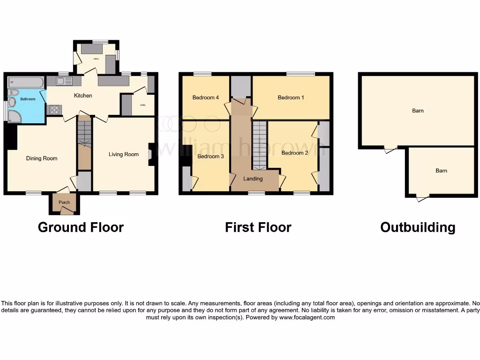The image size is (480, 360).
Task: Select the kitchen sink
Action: click(x=64, y=82)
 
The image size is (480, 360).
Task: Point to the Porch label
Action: click(x=64, y=202)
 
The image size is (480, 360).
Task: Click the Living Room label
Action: click(x=124, y=154)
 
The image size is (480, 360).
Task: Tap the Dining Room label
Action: click(x=42, y=158)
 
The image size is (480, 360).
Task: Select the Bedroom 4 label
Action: click(x=205, y=97)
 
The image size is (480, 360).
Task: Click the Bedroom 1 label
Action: click(x=291, y=97)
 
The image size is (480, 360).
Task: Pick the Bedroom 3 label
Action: click(x=209, y=156)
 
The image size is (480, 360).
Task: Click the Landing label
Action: click(x=253, y=179)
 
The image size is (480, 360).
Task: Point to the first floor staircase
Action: click(x=260, y=145)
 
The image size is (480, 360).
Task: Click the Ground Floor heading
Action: click(x=81, y=227)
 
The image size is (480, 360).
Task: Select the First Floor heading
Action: click(x=258, y=227)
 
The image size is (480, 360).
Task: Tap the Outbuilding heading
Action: click(x=418, y=227)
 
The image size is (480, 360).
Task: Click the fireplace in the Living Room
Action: click(x=151, y=154)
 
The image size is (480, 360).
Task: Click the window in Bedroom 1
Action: click(x=301, y=74)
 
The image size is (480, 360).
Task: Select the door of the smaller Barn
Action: click(x=422, y=198)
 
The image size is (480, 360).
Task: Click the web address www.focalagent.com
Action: click(x=307, y=317)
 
